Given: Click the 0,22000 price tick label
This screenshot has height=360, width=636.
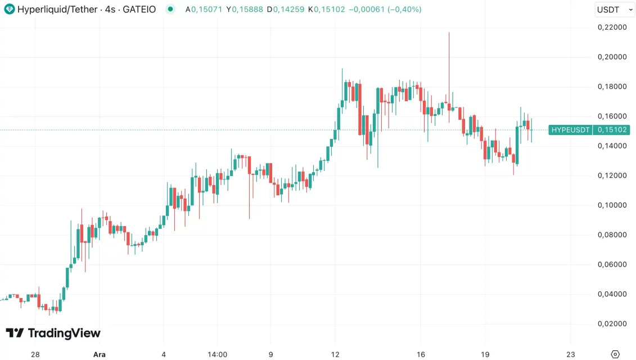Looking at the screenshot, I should point(611,27).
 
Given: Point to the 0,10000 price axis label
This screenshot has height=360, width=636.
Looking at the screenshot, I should point(611,205).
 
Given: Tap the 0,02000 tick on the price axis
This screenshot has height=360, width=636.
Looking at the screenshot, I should point(611,323).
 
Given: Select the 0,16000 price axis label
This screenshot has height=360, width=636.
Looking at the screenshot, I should point(611,116).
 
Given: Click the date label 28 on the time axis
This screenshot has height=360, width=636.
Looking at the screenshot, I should point(35,354).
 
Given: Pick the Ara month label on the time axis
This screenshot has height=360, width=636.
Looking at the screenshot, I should point(99,354).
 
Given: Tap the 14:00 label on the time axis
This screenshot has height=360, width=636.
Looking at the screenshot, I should point(217,354).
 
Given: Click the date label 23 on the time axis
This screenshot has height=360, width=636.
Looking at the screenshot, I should point(571,354).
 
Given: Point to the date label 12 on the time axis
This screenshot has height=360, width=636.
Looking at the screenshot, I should point(335,354).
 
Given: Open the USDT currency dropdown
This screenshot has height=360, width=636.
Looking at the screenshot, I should point(614,10).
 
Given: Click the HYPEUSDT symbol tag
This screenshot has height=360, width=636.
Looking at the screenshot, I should point(570,130).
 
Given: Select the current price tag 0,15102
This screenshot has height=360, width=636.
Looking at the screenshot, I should point(612,130).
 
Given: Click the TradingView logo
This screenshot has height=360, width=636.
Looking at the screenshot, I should point(53,333).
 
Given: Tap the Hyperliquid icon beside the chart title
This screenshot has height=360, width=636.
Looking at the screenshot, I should point(9,10).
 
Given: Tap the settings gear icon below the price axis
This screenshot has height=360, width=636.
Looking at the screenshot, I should point(615,354).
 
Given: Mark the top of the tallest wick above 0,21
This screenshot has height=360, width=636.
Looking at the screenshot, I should point(449,33).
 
